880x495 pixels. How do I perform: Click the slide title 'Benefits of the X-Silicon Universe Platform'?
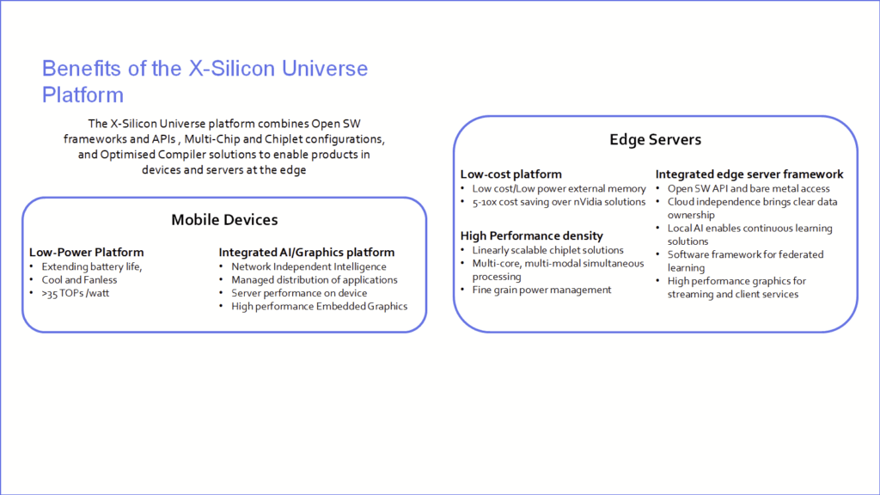[205, 82]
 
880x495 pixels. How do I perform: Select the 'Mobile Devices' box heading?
[224, 219]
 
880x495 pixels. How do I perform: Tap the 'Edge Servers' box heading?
[656, 139]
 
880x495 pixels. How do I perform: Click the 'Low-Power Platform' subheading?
[87, 252]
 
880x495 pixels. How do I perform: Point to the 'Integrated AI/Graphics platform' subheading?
[307, 252]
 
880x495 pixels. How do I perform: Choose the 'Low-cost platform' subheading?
[510, 174]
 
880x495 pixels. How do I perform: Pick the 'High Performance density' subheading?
[531, 235]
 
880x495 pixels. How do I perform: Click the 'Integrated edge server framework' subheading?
[749, 174]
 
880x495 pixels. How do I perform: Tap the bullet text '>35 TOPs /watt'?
[76, 293]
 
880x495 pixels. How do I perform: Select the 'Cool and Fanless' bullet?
[79, 279]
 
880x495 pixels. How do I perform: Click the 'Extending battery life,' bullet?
[91, 266]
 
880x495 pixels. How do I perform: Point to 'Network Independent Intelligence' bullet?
[309, 266]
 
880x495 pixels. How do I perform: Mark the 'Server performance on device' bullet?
[299, 293]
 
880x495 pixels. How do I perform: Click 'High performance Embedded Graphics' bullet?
[320, 307]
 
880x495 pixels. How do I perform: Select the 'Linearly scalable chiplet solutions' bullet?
[547, 250]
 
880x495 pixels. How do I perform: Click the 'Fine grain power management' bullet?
[541, 290]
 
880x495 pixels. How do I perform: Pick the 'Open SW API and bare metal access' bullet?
[749, 188]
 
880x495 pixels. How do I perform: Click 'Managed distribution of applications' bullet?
[315, 279]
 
